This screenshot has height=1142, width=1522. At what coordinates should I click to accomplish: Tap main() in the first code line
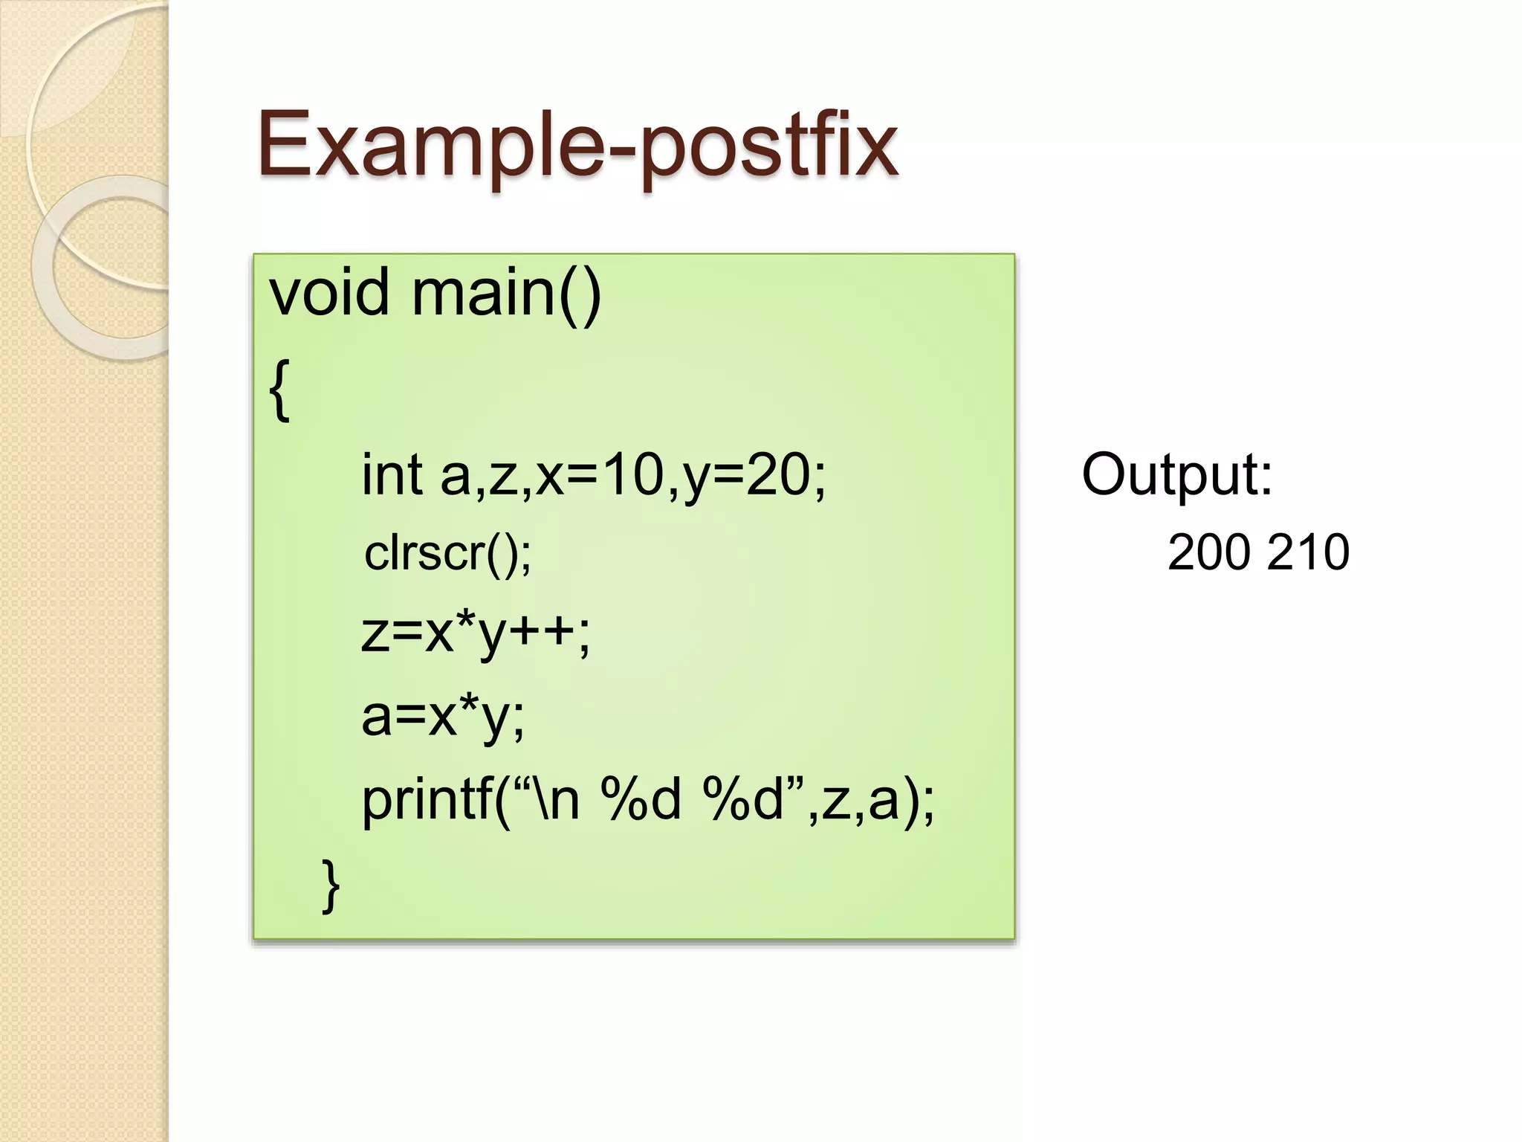click(x=506, y=293)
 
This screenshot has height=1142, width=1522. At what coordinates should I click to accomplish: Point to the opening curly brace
click(x=279, y=390)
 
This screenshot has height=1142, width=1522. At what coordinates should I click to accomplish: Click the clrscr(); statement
click(x=447, y=553)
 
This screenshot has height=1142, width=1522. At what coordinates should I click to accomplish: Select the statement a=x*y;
click(x=443, y=717)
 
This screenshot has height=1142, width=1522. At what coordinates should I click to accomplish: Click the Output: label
click(x=1177, y=474)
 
